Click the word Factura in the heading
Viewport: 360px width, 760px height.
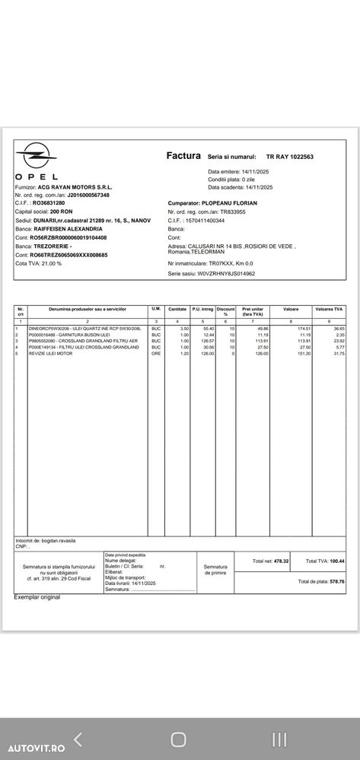coord(183,155)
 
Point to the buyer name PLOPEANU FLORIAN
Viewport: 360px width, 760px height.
coord(228,203)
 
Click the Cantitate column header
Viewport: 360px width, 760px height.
coord(177,310)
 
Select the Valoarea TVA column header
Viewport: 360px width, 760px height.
coord(329,310)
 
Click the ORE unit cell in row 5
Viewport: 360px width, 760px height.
coord(156,354)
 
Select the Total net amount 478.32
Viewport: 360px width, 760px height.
coord(282,561)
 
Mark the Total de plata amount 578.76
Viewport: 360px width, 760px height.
coord(333,581)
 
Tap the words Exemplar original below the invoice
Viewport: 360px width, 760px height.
coord(37,597)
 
